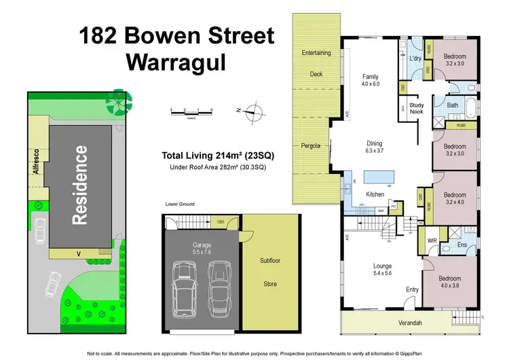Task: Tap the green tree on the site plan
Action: [119, 101]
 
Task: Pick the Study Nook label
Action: [417, 109]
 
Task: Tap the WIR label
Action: [432, 240]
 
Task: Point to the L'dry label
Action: [416, 59]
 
